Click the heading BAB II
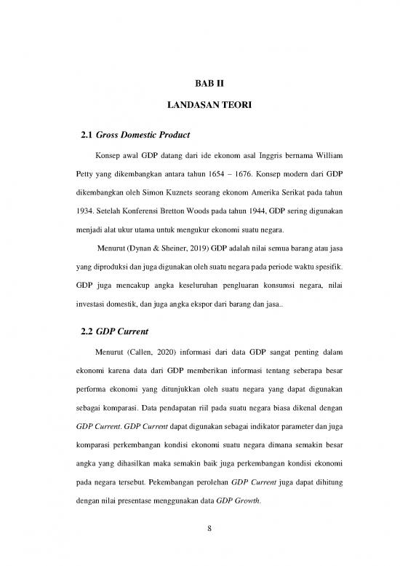tap(199, 84)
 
